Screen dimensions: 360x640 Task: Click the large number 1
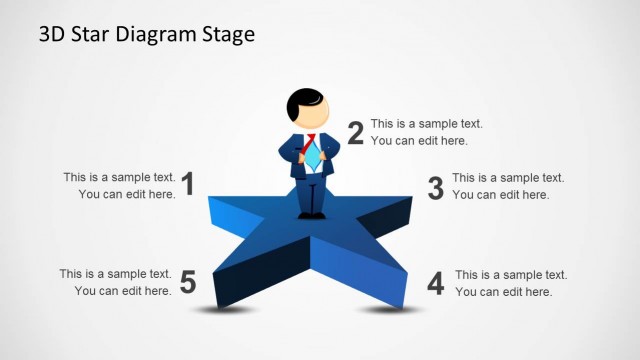187,183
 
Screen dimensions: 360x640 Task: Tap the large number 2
355,132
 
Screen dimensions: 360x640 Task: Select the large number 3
435,187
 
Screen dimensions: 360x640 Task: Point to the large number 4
435,283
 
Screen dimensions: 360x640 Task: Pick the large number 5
188,283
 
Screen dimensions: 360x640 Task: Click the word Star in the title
96,34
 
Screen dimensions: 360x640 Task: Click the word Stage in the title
226,35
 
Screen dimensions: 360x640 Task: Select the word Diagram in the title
159,35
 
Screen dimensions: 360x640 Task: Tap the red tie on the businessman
311,141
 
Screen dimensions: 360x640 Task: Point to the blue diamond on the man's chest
312,158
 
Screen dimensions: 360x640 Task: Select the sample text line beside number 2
427,124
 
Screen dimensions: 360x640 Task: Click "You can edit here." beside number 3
500,195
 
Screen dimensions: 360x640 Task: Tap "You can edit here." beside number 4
503,291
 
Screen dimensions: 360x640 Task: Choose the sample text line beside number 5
115,273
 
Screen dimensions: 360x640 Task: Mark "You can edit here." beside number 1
126,194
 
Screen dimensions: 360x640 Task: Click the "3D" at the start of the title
52,34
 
